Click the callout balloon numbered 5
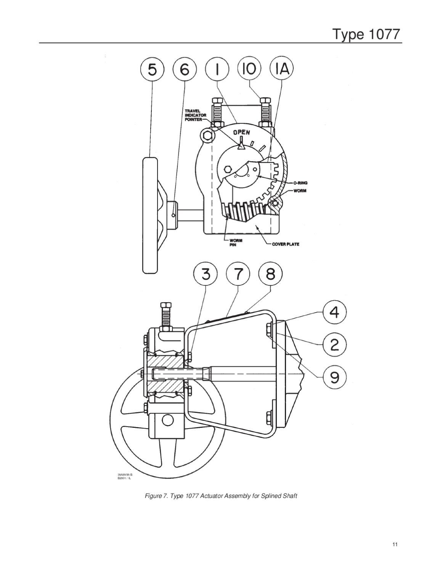click(152, 70)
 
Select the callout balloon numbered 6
click(185, 70)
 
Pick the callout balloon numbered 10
click(249, 69)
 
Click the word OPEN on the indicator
click(242, 133)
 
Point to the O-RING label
click(300, 183)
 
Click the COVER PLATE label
click(285, 244)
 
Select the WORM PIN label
click(235, 243)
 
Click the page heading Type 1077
click(367, 34)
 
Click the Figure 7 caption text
click(221, 496)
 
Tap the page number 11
click(395, 544)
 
